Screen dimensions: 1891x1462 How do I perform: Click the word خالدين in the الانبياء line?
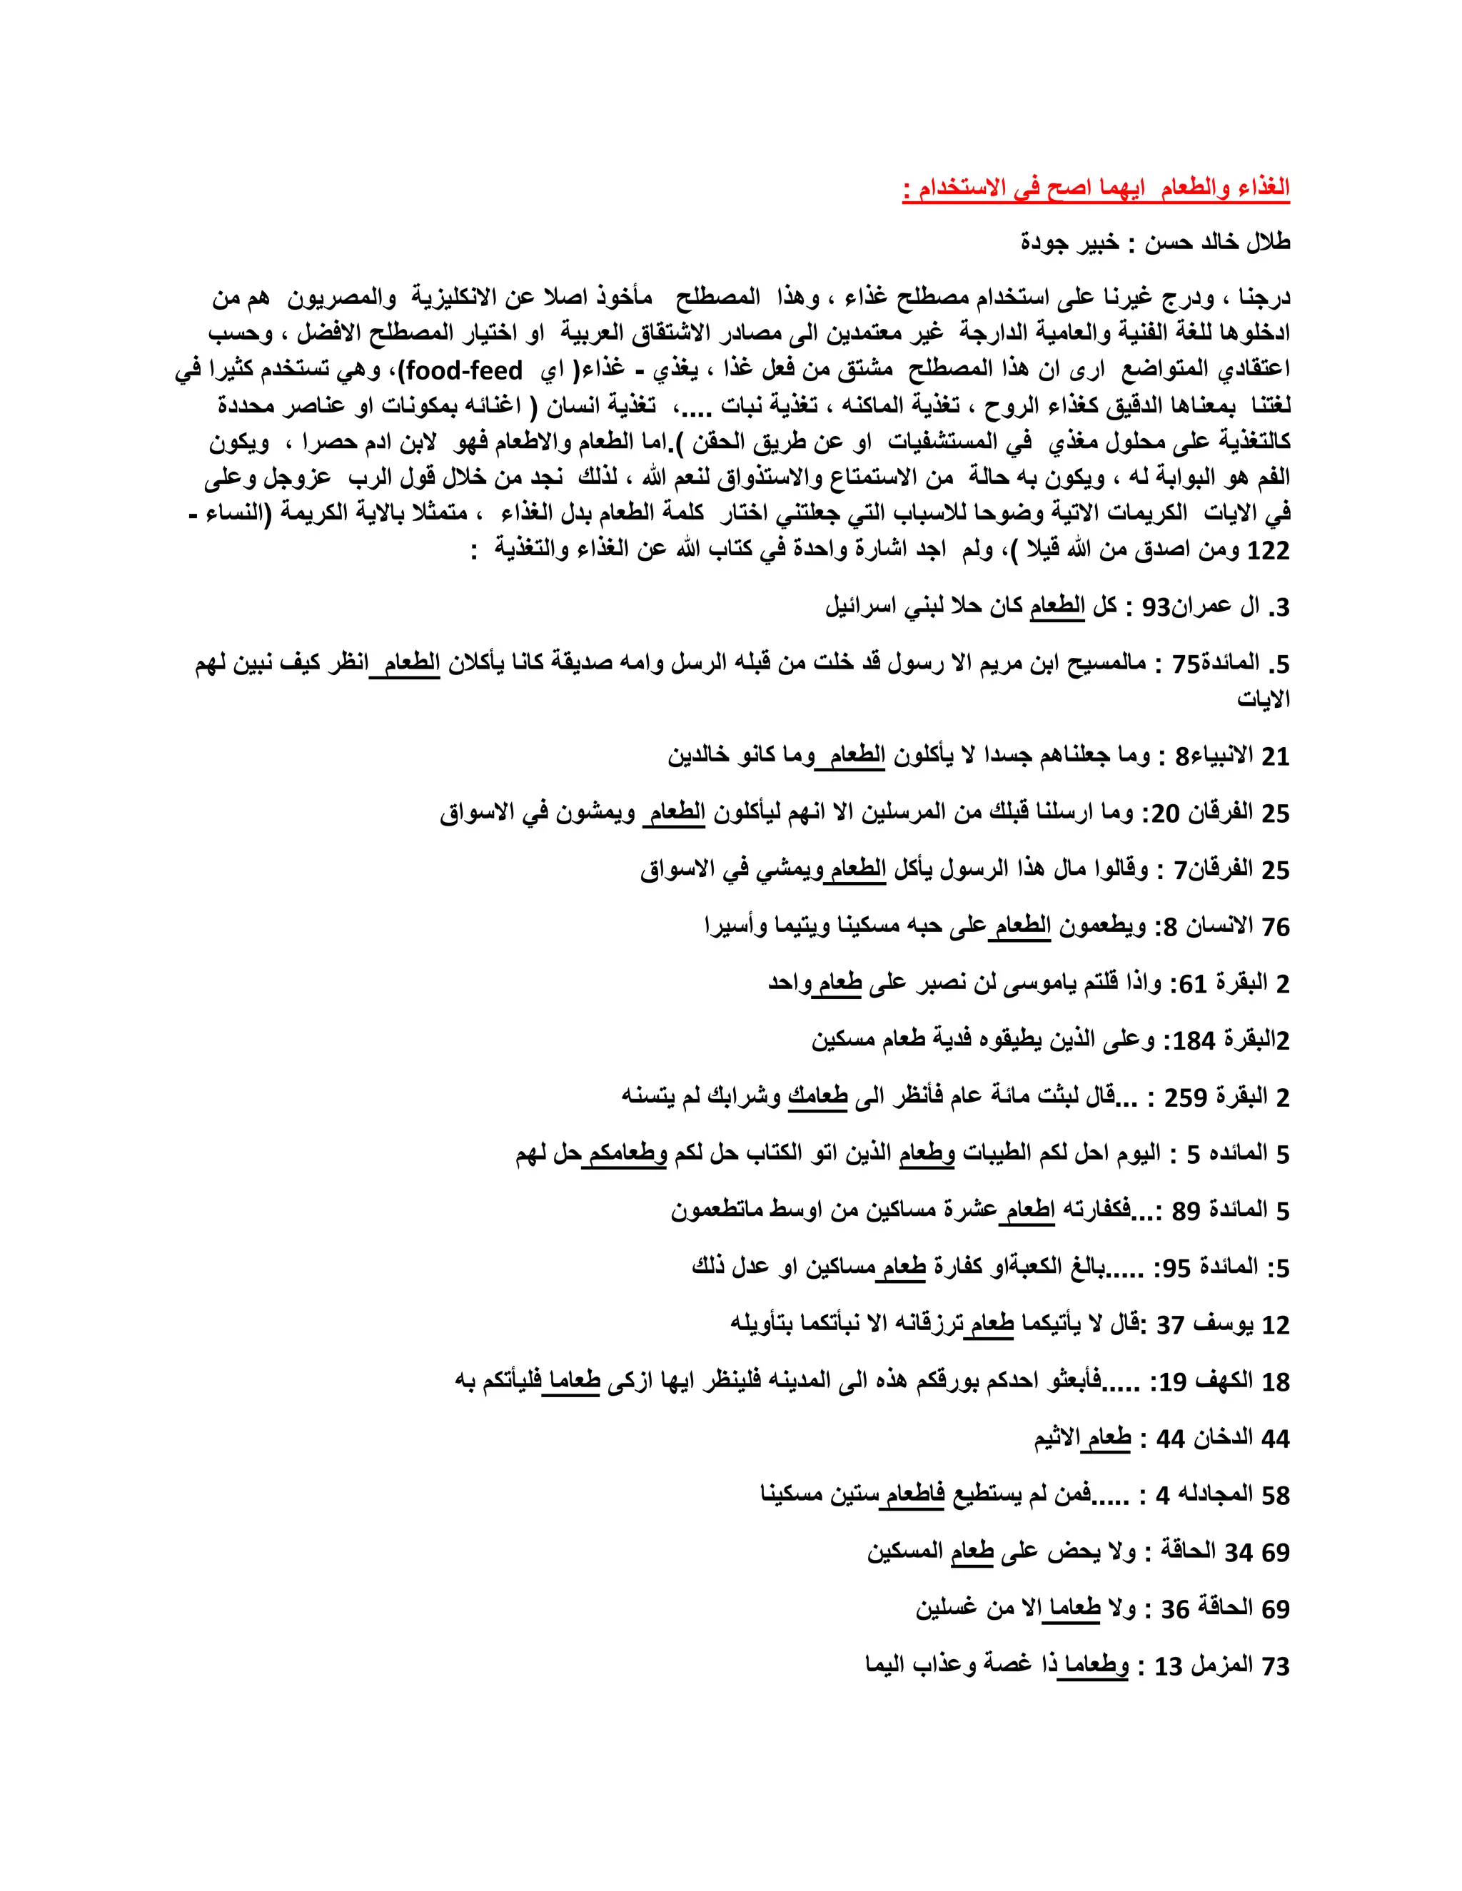702,756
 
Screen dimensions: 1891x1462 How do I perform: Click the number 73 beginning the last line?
1276,1666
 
